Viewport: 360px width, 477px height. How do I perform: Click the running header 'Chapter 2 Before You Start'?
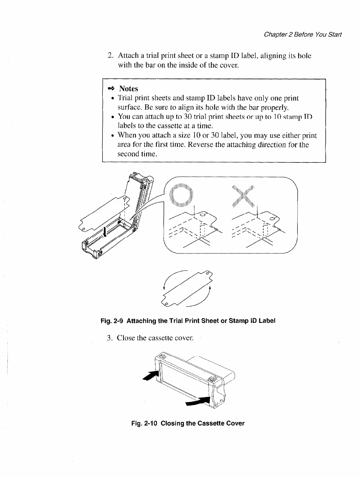pos(303,35)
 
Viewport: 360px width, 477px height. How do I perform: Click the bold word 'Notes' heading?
pos(128,89)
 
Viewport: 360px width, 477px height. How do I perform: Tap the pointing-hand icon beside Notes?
pos(111,89)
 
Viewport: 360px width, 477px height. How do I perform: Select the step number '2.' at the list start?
pos(111,56)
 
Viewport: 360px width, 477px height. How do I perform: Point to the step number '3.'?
pos(110,338)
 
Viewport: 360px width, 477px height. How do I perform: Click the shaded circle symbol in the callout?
pos(181,195)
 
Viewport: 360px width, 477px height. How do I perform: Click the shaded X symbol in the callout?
pos(243,196)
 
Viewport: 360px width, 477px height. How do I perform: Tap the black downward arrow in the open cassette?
pos(105,232)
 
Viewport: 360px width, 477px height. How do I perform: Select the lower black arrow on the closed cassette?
pos(198,401)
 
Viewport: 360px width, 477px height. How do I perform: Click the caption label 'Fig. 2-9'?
pos(112,321)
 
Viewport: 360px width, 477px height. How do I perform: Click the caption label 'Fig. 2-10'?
pos(144,423)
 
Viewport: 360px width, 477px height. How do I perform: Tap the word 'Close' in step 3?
pos(126,338)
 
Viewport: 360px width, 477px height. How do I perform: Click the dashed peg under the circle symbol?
pos(202,230)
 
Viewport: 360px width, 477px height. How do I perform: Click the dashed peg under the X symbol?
pos(265,230)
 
